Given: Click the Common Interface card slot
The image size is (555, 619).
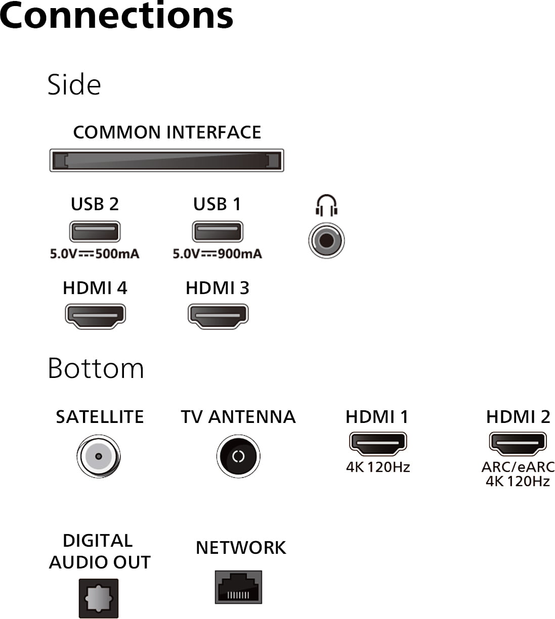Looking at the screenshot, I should tap(166, 160).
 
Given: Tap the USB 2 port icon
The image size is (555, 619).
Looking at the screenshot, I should tap(95, 232).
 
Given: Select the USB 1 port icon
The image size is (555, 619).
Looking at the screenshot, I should tap(217, 232).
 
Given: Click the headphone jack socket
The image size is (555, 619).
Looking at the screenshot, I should tap(326, 240).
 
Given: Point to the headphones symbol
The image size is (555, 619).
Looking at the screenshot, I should tap(326, 205).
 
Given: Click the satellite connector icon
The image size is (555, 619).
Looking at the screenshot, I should tap(98, 456).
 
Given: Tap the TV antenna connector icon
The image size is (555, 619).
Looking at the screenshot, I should tap(238, 456).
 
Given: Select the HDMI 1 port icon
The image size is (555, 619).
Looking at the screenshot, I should tap(377, 443).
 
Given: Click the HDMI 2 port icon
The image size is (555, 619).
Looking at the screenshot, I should tap(518, 443).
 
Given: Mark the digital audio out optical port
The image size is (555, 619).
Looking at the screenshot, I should tap(98, 599).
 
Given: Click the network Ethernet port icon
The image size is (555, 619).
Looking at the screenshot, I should tap(238, 587).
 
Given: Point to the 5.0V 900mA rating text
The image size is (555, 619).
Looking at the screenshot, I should tap(217, 254).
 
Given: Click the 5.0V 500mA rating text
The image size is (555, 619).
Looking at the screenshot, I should tap(95, 254).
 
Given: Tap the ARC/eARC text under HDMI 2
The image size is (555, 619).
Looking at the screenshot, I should tap(518, 467).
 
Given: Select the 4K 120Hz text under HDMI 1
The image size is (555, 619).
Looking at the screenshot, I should tap(377, 467).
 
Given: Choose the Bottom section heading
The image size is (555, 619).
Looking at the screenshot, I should tap(96, 368).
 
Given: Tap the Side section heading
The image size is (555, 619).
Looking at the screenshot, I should tap(74, 84).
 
